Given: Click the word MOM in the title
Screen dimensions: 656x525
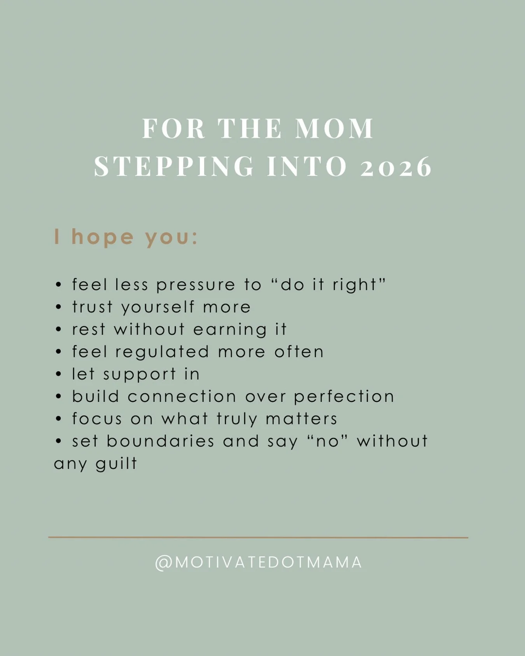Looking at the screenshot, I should tap(334, 129).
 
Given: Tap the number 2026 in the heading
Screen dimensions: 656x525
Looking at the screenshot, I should tap(396, 167).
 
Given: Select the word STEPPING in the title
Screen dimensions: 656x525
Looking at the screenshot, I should tap(174, 167).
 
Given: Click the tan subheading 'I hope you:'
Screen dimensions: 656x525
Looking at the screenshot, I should tap(126, 237).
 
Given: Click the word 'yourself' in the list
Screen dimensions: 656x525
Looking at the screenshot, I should tap(157, 307).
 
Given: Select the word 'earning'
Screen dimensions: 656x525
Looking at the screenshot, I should tap(230, 330).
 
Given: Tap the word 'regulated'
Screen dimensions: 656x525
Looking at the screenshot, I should tap(162, 352).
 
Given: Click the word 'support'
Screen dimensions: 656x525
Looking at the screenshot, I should tap(140, 375).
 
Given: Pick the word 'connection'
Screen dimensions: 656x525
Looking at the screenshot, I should tap(182, 396).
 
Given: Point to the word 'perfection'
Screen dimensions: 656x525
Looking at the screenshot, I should tap(344, 397).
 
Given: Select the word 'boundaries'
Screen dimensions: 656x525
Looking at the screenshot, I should tap(160, 441).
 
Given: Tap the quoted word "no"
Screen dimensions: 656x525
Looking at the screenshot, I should tap(327, 441).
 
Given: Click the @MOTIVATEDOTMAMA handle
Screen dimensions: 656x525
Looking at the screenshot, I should tap(259, 563).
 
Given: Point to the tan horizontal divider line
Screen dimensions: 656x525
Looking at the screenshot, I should tap(258, 537).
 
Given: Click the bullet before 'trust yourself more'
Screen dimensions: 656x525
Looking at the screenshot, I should tap(58, 307).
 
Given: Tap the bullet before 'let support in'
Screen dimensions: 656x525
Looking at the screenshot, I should tap(58, 375).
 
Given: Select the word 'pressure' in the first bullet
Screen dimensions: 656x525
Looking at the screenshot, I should tap(196, 285).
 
